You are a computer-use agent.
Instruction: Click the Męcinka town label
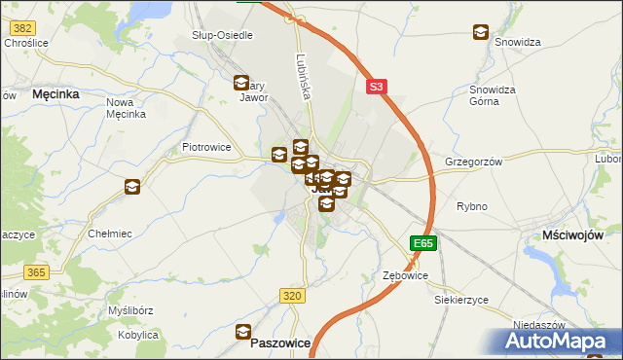click(55, 94)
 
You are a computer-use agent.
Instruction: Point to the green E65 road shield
click(422, 243)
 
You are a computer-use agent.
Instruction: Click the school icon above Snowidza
click(481, 32)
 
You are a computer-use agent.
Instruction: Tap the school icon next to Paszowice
click(243, 332)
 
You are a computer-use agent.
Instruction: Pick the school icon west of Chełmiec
click(131, 186)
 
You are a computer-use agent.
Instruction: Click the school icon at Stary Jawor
click(241, 83)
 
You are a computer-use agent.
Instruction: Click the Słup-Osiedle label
click(222, 35)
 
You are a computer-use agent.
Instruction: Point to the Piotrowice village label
click(206, 148)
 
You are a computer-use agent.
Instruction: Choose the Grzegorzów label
click(473, 162)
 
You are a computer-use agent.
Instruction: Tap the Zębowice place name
click(405, 276)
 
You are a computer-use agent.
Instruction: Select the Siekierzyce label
click(461, 300)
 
